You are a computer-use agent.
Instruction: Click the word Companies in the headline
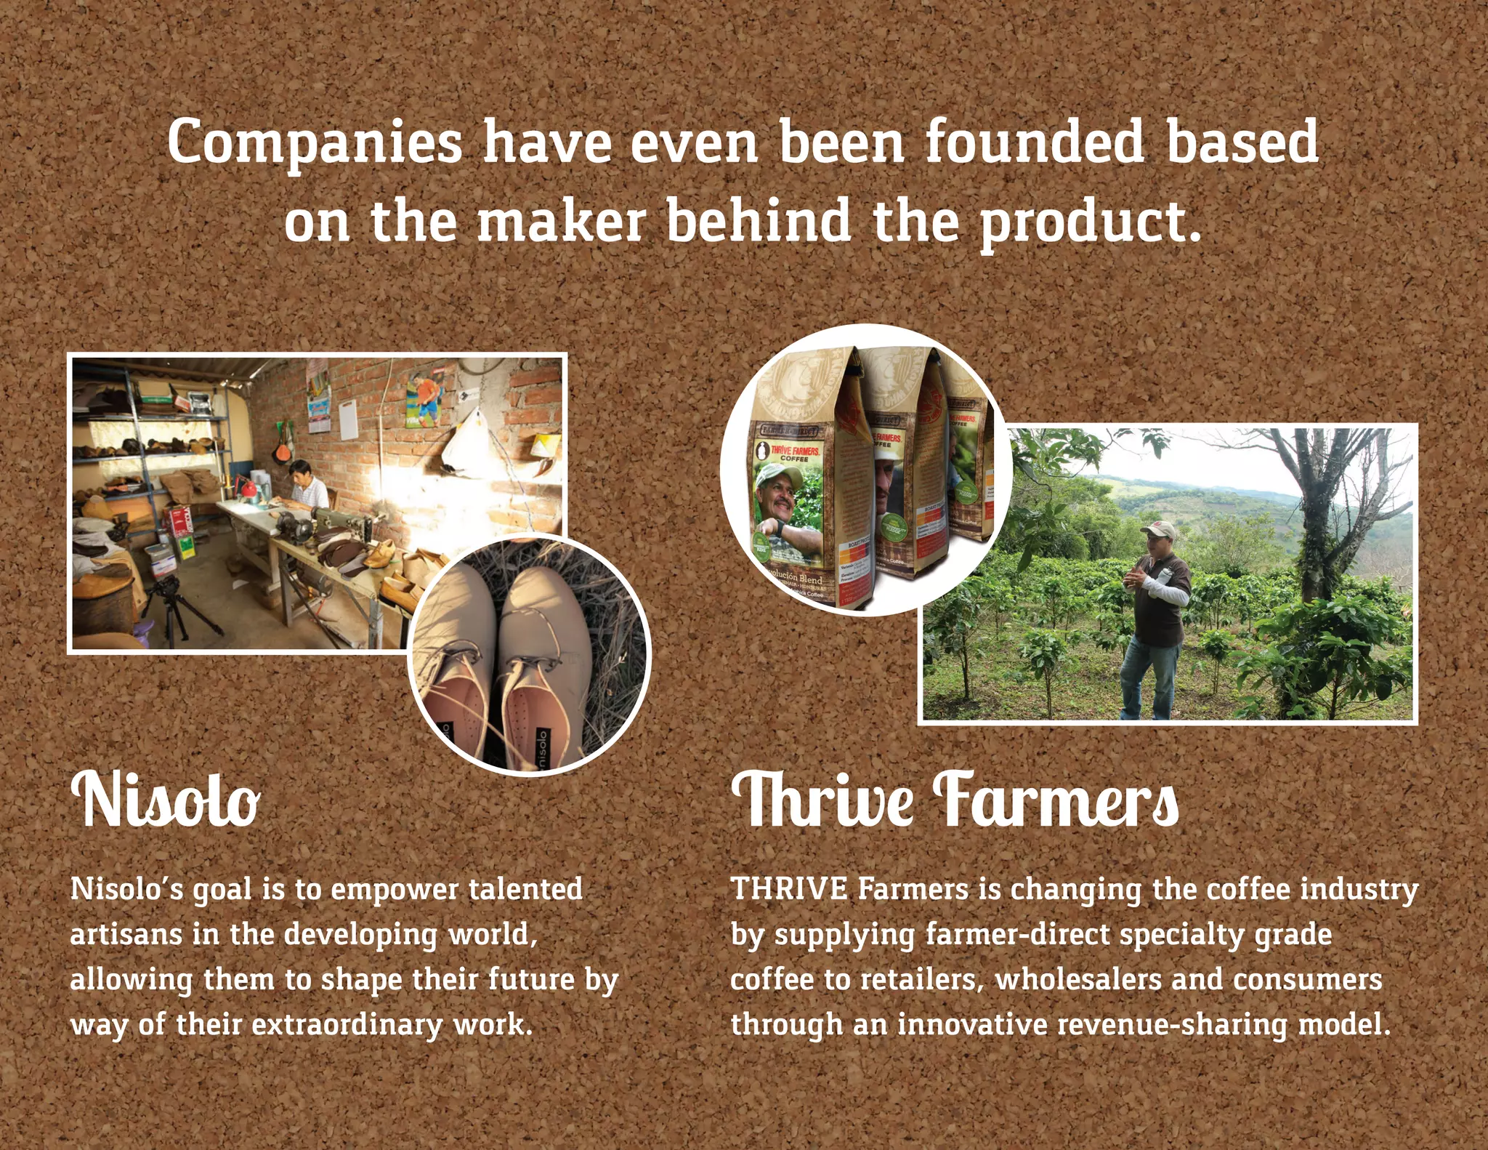click(315, 142)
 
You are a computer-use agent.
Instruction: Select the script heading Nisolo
click(166, 800)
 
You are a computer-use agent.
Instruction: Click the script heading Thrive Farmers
click(955, 800)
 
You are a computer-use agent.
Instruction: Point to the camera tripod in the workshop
click(174, 611)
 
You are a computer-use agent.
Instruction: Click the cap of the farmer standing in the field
click(1158, 528)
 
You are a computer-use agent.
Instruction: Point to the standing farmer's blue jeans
click(1148, 680)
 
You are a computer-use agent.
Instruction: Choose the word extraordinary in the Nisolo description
click(347, 1025)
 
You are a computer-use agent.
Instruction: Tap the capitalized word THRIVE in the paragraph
click(789, 889)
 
